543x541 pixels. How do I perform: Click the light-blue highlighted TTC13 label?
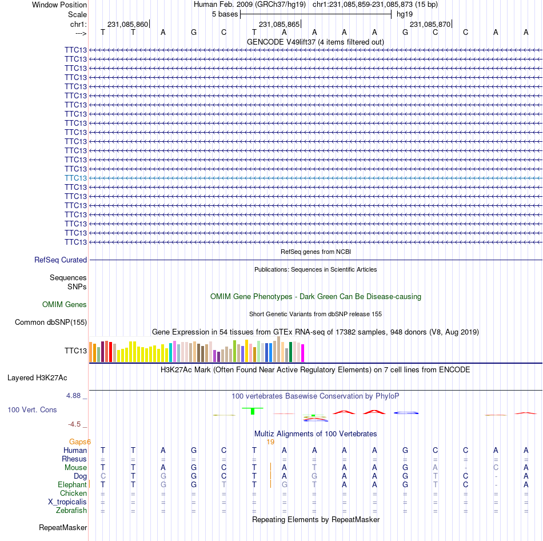pyautogui.click(x=75, y=178)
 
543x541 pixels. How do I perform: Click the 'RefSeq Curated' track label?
pyautogui.click(x=61, y=260)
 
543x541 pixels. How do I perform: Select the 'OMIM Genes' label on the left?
pyautogui.click(x=65, y=304)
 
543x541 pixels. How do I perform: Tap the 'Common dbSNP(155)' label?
pyautogui.click(x=51, y=323)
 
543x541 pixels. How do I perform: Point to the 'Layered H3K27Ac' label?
pyautogui.click(x=37, y=378)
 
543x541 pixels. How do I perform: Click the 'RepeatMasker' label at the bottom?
pyautogui.click(x=63, y=527)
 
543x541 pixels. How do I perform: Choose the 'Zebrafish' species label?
pyautogui.click(x=71, y=511)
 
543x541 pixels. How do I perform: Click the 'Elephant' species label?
pyautogui.click(x=72, y=484)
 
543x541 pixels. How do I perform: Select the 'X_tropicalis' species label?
pyautogui.click(x=67, y=502)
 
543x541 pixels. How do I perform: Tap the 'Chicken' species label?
pyautogui.click(x=73, y=493)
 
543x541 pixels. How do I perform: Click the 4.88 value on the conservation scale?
pyautogui.click(x=73, y=395)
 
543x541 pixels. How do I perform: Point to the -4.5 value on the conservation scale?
pyautogui.click(x=74, y=424)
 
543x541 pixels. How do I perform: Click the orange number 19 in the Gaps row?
pyautogui.click(x=270, y=442)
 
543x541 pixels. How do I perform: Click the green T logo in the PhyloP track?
pyautogui.click(x=253, y=411)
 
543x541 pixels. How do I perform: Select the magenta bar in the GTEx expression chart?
pyautogui.click(x=303, y=353)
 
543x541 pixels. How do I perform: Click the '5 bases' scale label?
pyautogui.click(x=225, y=14)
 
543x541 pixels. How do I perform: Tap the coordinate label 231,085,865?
pyautogui.click(x=279, y=24)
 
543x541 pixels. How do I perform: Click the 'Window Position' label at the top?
pyautogui.click(x=59, y=5)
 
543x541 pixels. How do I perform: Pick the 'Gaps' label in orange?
pyautogui.click(x=78, y=441)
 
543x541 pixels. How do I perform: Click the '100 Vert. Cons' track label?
pyautogui.click(x=32, y=409)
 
